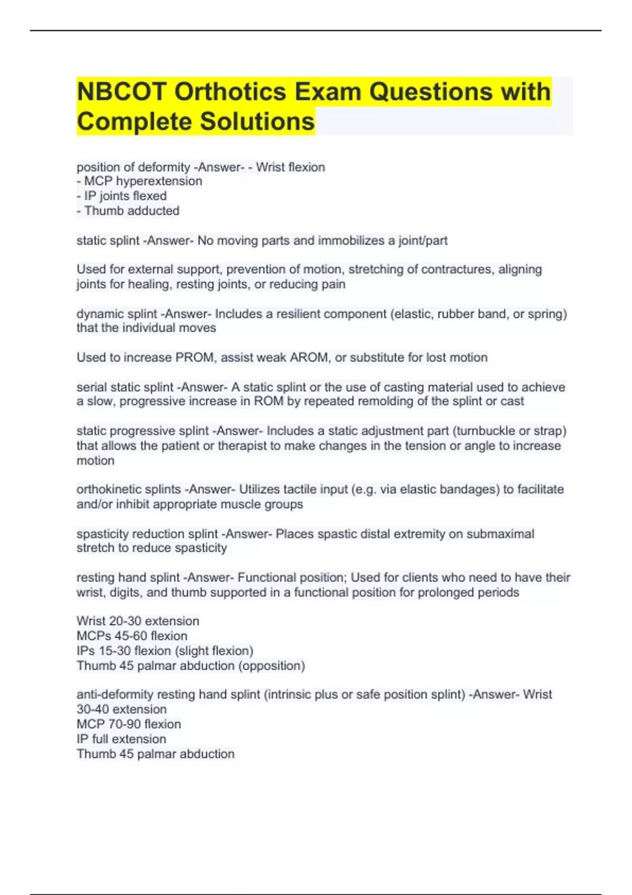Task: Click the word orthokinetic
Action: tap(108, 489)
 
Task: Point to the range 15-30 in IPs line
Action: tap(116, 651)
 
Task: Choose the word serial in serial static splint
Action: tap(90, 387)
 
